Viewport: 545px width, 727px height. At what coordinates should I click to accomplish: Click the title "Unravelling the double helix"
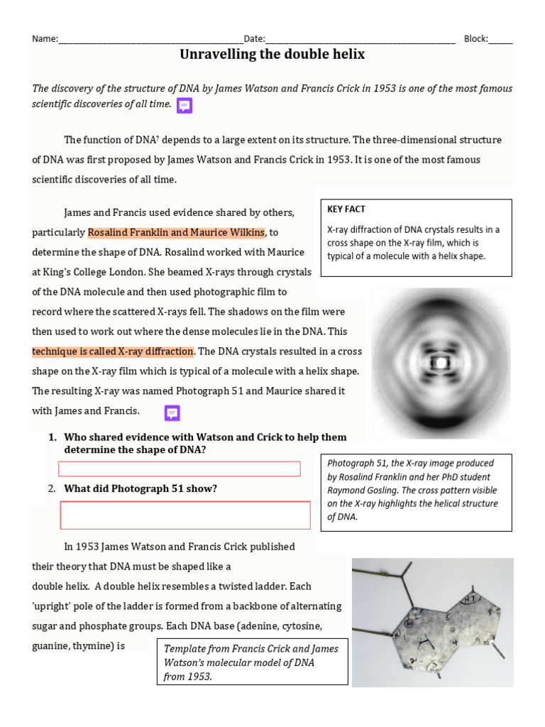pyautogui.click(x=272, y=55)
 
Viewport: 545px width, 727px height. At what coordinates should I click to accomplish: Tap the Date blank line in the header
pyautogui.click(x=360, y=40)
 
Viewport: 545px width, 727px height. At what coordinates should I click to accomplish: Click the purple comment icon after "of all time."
pyautogui.click(x=185, y=106)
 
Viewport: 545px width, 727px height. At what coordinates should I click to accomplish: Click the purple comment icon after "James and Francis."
pyautogui.click(x=172, y=412)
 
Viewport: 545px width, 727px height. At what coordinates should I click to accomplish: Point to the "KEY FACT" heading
pyautogui.click(x=346, y=209)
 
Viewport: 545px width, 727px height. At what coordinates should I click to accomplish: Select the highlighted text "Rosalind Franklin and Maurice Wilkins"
pyautogui.click(x=176, y=233)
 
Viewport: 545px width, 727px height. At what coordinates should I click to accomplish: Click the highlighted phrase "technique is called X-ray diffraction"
pyautogui.click(x=113, y=351)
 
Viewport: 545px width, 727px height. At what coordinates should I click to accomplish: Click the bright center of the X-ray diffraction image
pyautogui.click(x=441, y=363)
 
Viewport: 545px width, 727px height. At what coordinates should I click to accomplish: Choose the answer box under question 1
pyautogui.click(x=179, y=469)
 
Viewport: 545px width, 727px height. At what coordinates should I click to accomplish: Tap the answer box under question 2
pyautogui.click(x=185, y=515)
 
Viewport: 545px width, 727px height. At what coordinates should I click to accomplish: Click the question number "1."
pyautogui.click(x=53, y=437)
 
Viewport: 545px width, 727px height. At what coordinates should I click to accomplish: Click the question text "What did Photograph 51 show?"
pyautogui.click(x=141, y=488)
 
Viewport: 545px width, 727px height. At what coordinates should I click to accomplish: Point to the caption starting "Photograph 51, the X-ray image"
pyautogui.click(x=416, y=491)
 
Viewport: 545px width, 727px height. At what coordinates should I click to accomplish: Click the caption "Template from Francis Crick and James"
pyautogui.click(x=251, y=649)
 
